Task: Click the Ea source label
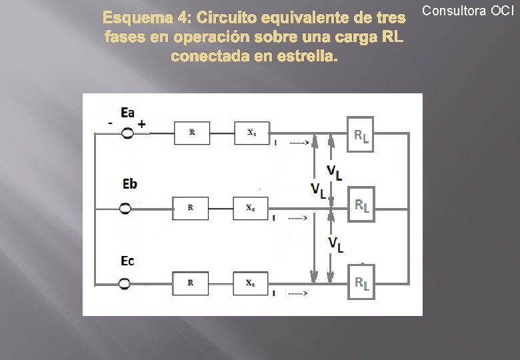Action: tap(127, 113)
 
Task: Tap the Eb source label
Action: tap(130, 183)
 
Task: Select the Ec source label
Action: tap(127, 260)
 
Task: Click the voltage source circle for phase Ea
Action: tap(126, 133)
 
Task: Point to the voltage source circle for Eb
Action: tap(125, 209)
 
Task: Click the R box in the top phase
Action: tap(192, 133)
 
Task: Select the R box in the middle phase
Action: tap(191, 208)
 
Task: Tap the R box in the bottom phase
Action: tap(191, 283)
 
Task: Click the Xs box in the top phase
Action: tap(251, 133)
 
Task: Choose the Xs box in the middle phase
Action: tap(250, 208)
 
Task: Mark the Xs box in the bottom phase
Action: tap(250, 283)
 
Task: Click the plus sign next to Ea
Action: tap(142, 124)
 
